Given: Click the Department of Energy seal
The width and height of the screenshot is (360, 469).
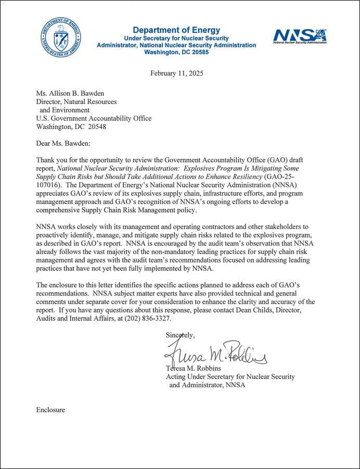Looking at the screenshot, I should coord(60,37).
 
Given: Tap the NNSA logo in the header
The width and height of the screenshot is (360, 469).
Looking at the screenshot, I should coord(300,35).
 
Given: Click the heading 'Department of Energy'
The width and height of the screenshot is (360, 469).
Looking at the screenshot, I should coord(176,30).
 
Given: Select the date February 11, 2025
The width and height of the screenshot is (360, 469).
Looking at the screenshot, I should coord(177,73).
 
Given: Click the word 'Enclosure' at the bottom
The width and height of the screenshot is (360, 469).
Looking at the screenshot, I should coord(50,410).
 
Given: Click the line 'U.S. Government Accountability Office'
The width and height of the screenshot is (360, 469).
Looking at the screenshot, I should coord(94,119).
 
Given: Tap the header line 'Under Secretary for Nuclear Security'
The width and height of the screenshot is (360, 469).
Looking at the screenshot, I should coord(176,39).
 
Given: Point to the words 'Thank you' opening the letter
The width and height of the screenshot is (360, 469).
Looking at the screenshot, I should coord(52,160).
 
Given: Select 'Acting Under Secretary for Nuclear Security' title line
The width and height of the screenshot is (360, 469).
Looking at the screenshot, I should coord(230,376).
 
